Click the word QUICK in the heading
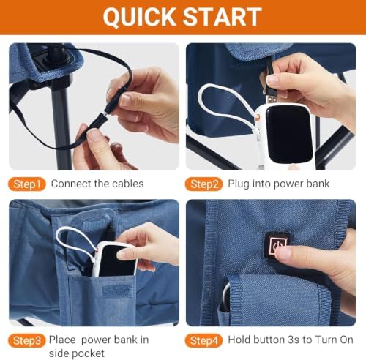point(139,16)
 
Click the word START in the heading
point(222,16)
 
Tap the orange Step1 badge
point(27,184)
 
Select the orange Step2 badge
point(203,184)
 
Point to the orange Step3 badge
point(27,340)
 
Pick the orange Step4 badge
point(203,340)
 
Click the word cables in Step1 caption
point(130,184)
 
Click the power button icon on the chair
point(277,244)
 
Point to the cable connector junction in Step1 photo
point(106,113)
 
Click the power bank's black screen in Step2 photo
point(289,134)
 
